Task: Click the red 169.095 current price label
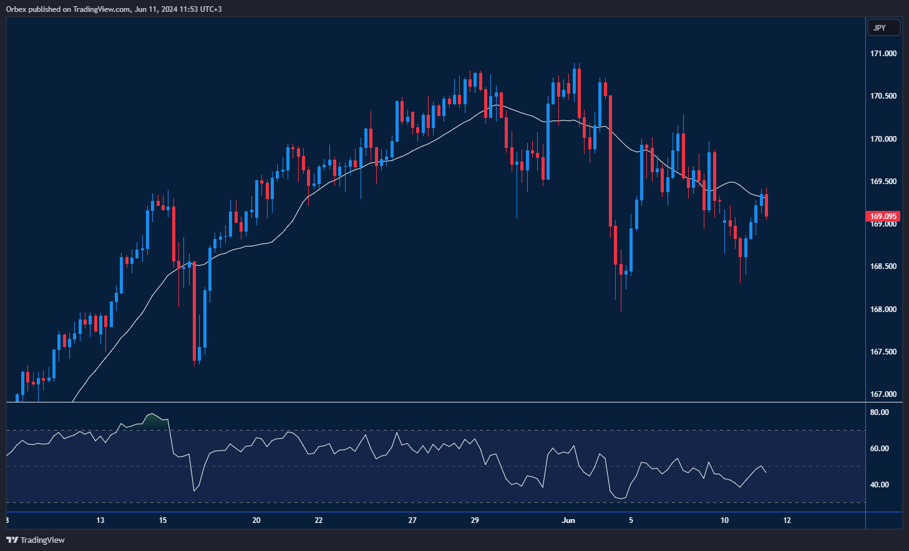883,217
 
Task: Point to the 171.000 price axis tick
883,54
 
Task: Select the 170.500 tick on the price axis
883,96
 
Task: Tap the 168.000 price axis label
883,310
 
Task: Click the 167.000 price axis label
883,394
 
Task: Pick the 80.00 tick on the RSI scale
880,412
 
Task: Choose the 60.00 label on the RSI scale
880,449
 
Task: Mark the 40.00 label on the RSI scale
880,485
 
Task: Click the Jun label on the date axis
568,520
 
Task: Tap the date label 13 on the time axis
100,520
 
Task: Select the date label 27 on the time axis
412,520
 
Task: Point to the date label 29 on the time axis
475,520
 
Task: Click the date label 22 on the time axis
319,520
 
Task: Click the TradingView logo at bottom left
36,540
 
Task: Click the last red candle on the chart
766,205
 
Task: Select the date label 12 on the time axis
787,520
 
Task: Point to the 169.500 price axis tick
883,182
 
